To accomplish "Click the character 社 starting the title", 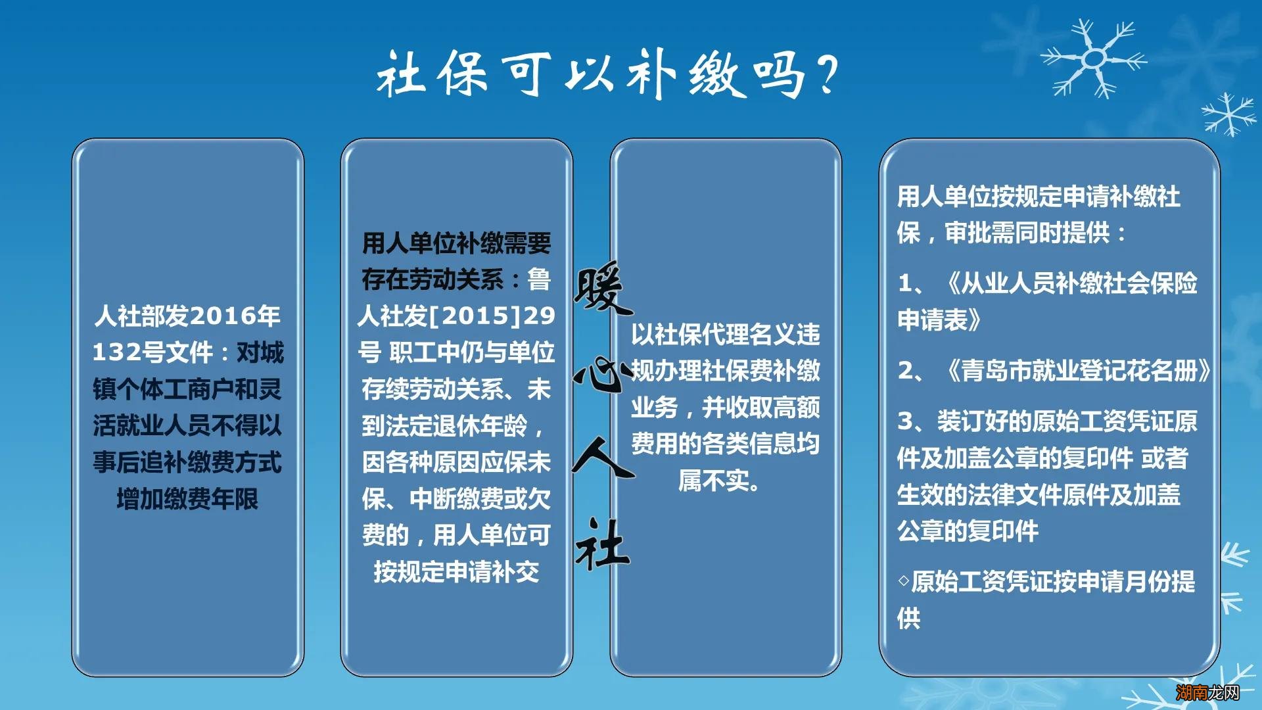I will coord(400,74).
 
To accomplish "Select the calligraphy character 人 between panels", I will coord(602,458).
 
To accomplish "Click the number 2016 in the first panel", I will coord(223,316).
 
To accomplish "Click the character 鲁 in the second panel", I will coord(539,279).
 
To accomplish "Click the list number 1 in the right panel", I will coord(905,283).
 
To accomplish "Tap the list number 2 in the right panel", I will coord(906,371).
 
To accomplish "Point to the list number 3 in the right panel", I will coord(906,421).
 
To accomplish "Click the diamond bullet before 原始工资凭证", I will coord(904,581).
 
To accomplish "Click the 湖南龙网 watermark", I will coord(1207,692).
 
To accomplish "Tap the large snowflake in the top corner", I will coord(1093,59).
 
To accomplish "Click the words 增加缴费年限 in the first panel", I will coord(187,499).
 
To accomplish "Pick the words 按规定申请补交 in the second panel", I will coord(456,572).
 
